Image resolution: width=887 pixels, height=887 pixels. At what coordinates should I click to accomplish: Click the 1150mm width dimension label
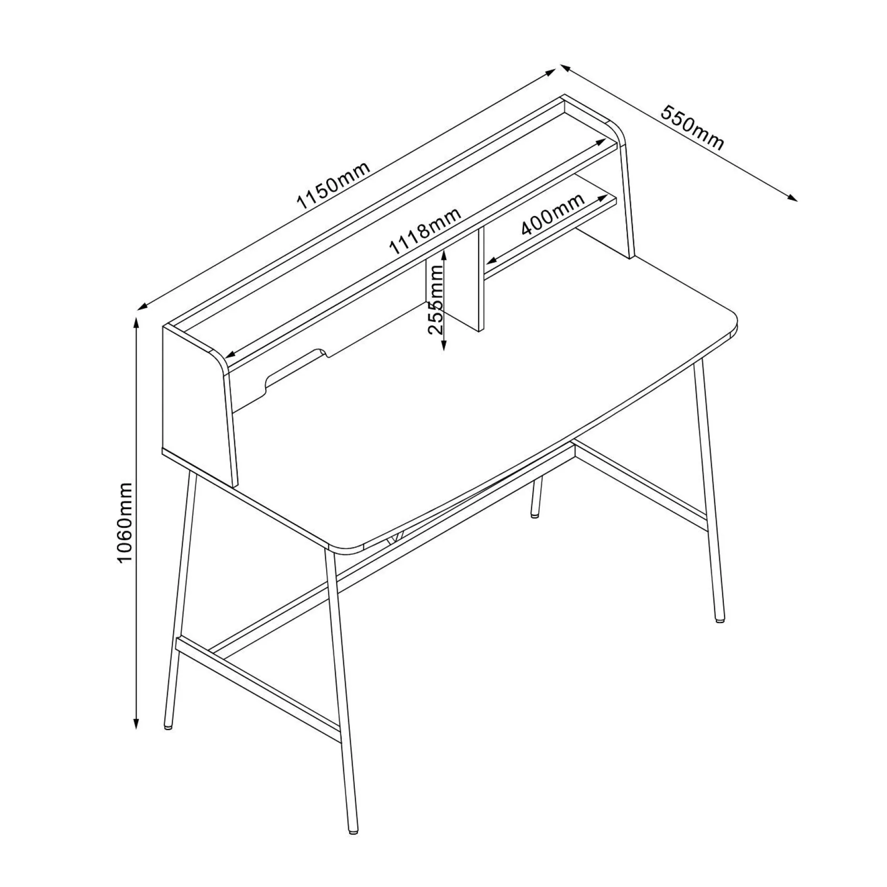point(332,186)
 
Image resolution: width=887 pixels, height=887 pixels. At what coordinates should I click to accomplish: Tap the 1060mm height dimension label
point(124,523)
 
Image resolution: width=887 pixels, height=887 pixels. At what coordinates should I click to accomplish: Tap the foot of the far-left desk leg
point(168,727)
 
